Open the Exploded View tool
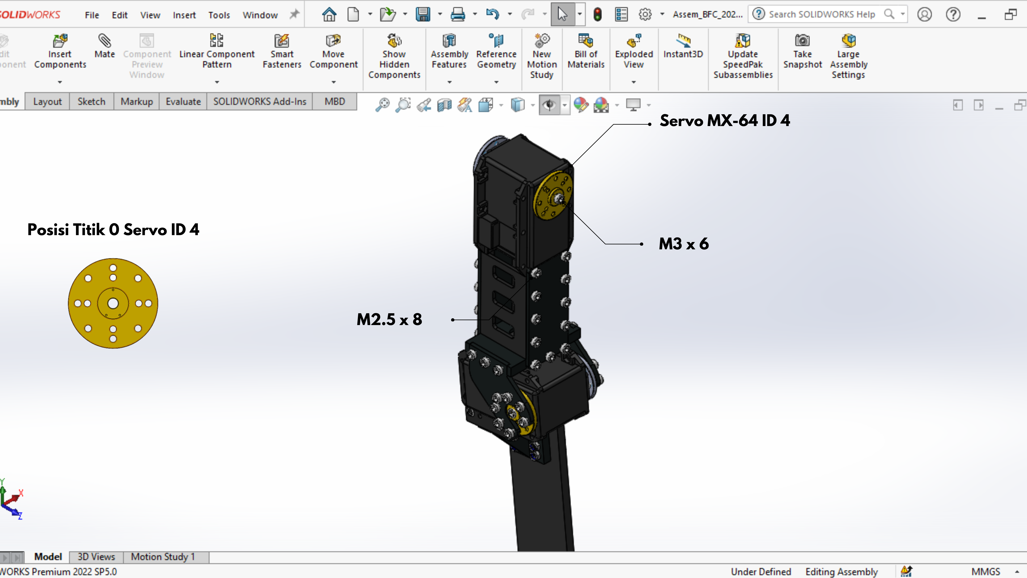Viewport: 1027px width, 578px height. (633, 52)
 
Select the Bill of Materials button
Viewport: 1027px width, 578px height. (586, 52)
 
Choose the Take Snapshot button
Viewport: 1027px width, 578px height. (802, 52)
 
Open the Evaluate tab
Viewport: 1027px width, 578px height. (183, 102)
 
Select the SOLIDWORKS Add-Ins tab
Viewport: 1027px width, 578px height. (259, 102)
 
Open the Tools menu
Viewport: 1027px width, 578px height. (219, 15)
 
